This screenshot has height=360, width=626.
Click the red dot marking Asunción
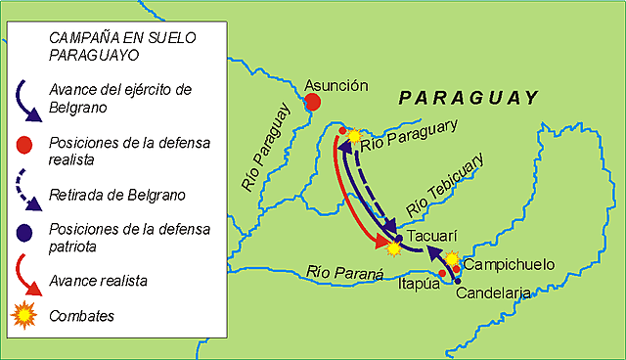(x=312, y=101)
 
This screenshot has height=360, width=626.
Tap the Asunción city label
(x=336, y=85)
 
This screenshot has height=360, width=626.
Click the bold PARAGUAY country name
(x=469, y=98)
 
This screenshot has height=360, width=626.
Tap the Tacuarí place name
(x=431, y=236)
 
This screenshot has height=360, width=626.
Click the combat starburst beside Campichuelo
(x=452, y=258)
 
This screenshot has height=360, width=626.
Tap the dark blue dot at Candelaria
(x=457, y=281)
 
